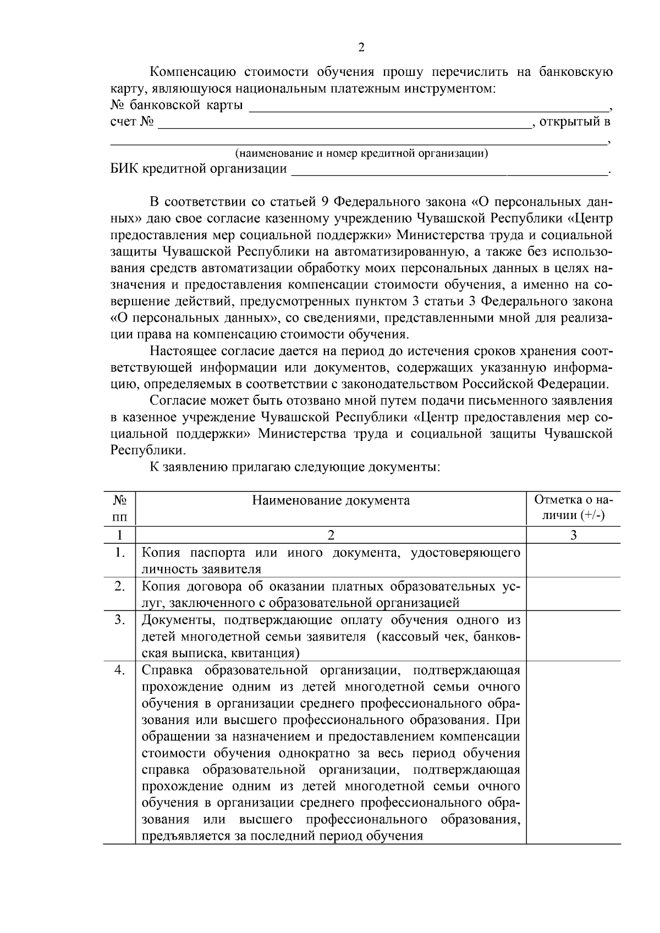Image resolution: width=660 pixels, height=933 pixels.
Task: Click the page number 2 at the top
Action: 361,47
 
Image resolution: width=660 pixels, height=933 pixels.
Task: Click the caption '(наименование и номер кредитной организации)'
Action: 361,153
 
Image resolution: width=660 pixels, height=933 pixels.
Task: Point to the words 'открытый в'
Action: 575,122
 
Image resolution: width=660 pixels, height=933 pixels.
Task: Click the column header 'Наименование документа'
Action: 331,500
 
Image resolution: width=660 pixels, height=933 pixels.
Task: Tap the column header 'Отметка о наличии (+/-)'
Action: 573,508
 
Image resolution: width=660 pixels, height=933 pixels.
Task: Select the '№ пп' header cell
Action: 120,508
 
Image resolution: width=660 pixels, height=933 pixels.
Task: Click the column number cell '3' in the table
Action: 573,535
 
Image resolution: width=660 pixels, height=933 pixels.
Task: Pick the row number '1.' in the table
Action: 120,552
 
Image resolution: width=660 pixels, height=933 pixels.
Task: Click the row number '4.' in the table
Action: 120,670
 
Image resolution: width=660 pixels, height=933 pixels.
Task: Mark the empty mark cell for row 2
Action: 573,594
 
